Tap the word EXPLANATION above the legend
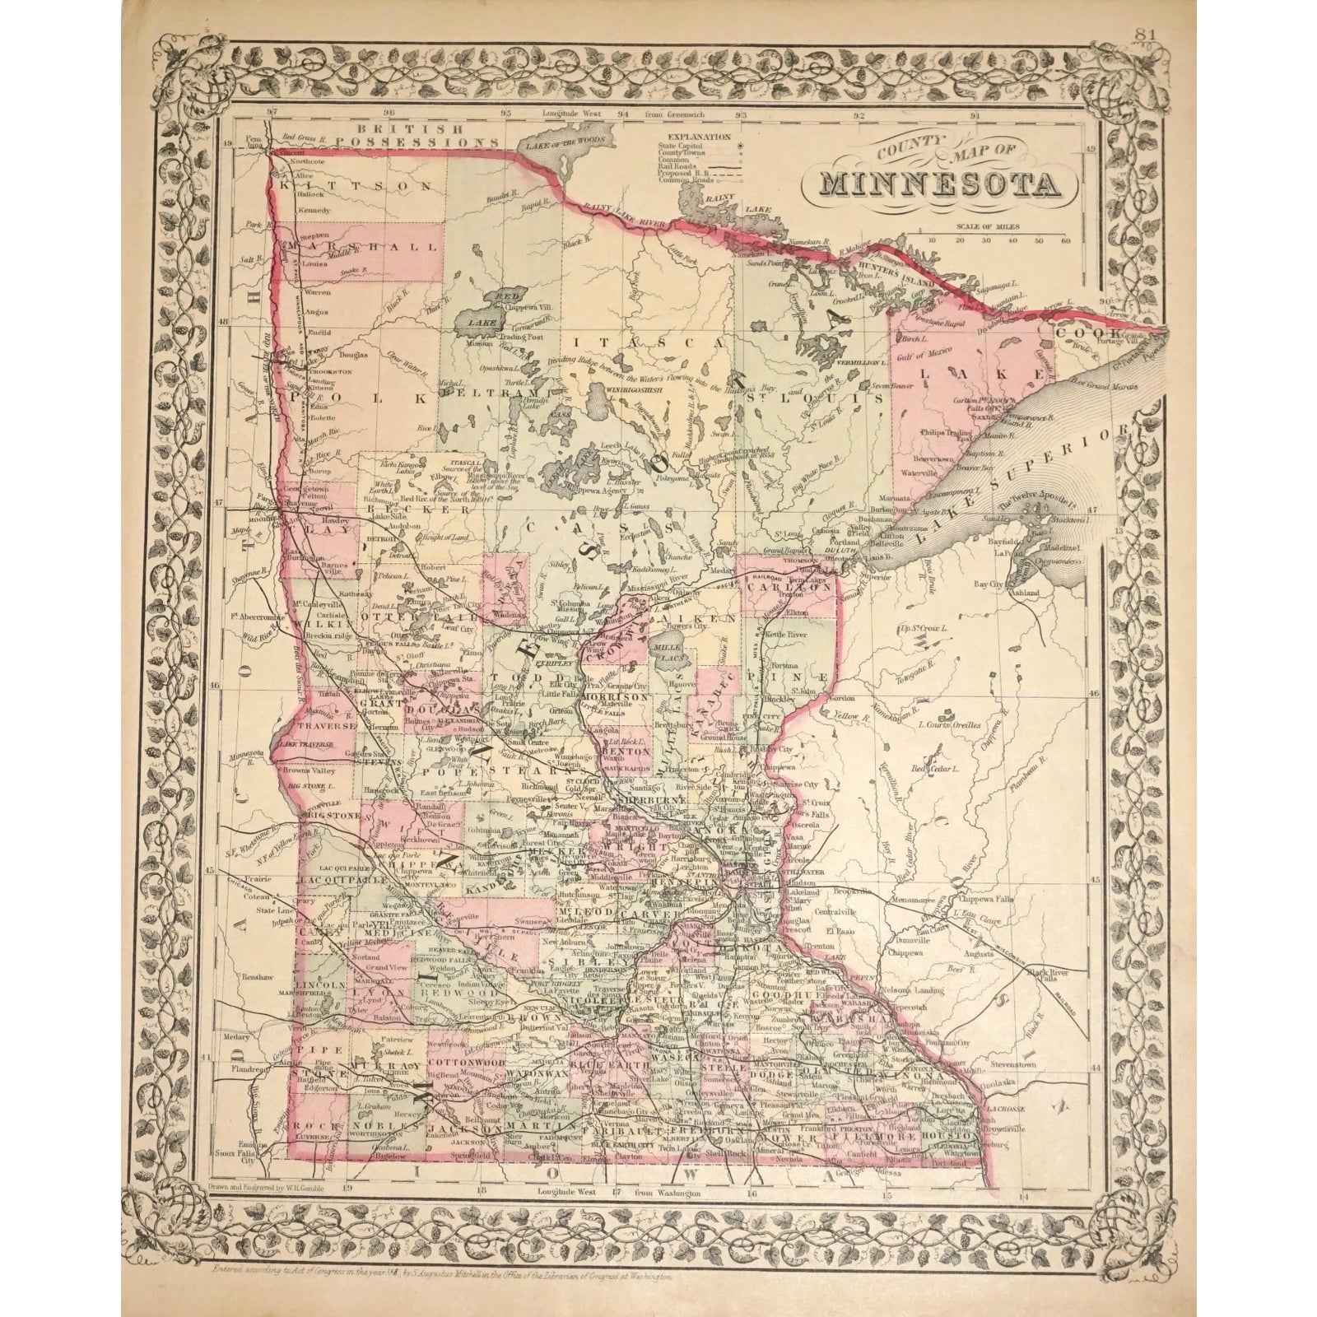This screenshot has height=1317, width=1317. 700,136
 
